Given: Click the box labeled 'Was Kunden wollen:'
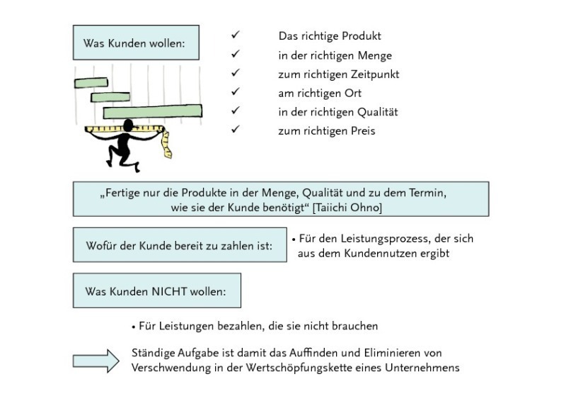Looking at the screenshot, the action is [136, 43].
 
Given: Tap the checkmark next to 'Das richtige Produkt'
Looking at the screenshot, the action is [236, 35].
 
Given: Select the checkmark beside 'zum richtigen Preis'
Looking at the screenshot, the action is [236, 129].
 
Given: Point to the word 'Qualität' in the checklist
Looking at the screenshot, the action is [378, 112].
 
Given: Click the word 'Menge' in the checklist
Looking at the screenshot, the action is [375, 56].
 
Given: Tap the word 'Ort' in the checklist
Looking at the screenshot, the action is [353, 94].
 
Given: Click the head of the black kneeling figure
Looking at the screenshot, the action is [128, 125].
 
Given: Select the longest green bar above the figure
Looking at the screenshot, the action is [153, 111].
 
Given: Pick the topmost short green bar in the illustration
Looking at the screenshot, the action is [91, 83].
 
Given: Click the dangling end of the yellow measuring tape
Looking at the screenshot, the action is [168, 154].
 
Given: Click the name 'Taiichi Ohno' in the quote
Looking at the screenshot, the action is [347, 208].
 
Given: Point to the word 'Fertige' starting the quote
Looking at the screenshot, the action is [122, 193].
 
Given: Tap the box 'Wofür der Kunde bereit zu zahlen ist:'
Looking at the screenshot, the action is [180, 245].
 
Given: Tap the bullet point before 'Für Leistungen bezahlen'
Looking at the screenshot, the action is [134, 327].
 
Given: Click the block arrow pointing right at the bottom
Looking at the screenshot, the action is [96, 361].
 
